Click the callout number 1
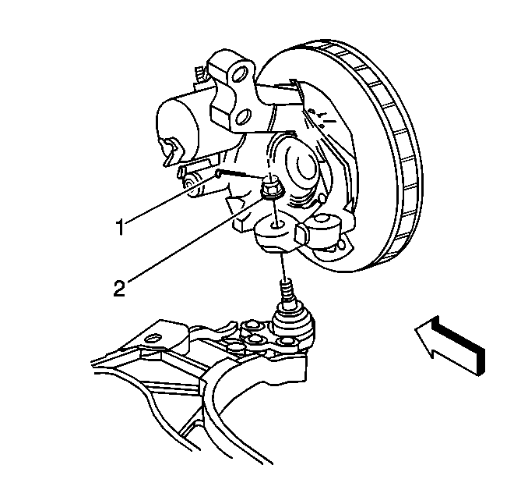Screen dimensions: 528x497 click(120, 227)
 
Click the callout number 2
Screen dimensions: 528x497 click(119, 289)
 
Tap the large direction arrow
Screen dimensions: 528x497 click(450, 346)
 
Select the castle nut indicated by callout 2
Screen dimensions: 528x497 click(272, 190)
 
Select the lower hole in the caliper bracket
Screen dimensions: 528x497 click(243, 117)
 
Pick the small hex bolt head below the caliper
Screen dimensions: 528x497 click(188, 183)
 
